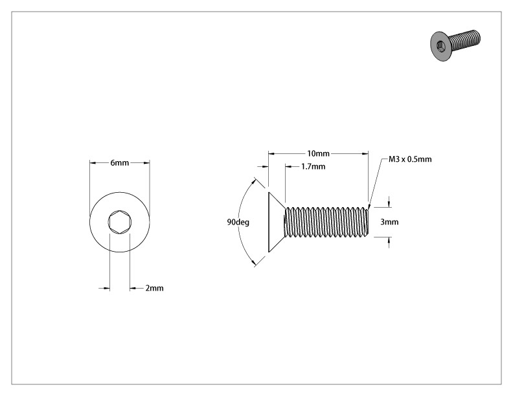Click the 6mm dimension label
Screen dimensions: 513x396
coord(119,162)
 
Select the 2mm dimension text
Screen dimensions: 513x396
coord(154,288)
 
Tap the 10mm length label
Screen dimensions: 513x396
coord(318,153)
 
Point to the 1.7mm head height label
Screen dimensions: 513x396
coord(313,167)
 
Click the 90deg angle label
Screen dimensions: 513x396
coord(238,222)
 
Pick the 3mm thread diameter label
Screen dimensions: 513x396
coord(389,222)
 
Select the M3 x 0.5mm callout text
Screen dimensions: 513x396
coord(410,159)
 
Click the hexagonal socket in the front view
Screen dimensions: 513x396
coord(120,222)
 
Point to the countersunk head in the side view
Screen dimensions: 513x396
coord(277,222)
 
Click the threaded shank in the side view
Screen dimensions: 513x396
coord(326,222)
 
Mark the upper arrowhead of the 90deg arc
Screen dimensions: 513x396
coord(253,182)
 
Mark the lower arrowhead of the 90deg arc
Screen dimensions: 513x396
coord(253,262)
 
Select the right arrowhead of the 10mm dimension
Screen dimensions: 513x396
coord(365,153)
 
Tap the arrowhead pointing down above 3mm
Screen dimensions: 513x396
coord(389,204)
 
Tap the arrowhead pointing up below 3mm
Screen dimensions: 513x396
coord(389,241)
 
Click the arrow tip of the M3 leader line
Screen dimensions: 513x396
coord(369,208)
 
